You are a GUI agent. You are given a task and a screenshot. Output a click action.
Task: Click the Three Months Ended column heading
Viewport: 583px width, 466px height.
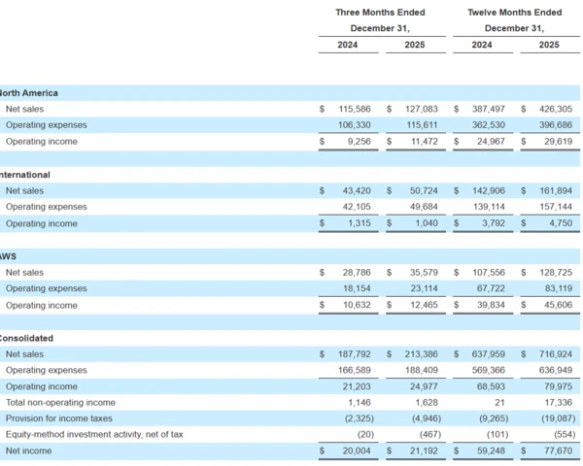point(373,13)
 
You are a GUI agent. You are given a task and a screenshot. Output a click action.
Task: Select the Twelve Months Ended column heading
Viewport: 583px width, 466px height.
point(514,13)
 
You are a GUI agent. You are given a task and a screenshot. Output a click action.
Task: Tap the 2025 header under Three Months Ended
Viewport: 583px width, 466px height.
point(415,45)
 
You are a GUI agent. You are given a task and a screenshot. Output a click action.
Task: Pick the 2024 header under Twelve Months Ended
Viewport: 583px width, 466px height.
point(481,45)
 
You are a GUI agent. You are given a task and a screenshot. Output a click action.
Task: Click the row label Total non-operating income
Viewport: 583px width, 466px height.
point(60,403)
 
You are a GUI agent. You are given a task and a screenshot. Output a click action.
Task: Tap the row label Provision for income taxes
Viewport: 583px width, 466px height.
point(59,418)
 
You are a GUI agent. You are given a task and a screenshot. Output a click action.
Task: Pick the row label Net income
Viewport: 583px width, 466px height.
point(29,451)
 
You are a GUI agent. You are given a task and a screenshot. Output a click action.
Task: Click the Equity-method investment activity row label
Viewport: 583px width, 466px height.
point(93,435)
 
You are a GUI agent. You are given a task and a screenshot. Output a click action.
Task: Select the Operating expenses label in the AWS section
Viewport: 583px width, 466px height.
point(46,289)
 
